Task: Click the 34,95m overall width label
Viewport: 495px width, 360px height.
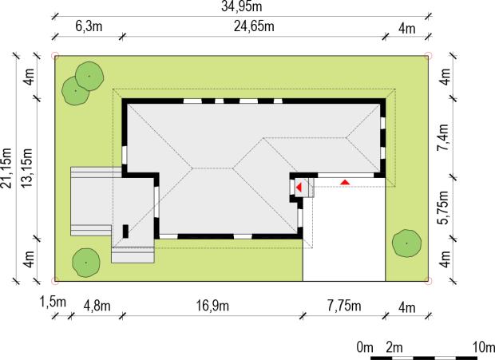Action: [x=241, y=6]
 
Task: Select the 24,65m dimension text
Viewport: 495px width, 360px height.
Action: [x=254, y=26]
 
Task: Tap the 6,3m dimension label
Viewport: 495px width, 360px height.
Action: [x=89, y=26]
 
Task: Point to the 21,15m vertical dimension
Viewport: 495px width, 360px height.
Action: [x=6, y=168]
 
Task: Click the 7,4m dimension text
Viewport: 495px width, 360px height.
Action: [x=444, y=138]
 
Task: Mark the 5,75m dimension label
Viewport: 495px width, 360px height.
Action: [x=444, y=208]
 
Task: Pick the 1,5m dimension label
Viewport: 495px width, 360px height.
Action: [x=53, y=302]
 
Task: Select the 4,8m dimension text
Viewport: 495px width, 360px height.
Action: [x=97, y=306]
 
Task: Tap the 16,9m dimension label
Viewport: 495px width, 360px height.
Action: [x=212, y=306]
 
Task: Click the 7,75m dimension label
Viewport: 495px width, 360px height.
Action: [x=344, y=306]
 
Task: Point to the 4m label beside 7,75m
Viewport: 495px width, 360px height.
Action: [x=407, y=307]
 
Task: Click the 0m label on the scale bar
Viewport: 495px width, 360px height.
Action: [x=365, y=347]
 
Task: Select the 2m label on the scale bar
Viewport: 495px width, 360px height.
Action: [x=394, y=347]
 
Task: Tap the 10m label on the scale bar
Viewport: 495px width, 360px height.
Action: [x=484, y=347]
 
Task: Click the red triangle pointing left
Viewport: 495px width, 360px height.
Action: [x=299, y=188]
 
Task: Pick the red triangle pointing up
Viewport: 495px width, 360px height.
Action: [x=345, y=182]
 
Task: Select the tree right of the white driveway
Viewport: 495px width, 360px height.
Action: [x=406, y=243]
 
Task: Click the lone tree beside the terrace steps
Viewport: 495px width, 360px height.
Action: [x=86, y=263]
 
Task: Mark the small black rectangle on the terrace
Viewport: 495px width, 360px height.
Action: [x=125, y=231]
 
